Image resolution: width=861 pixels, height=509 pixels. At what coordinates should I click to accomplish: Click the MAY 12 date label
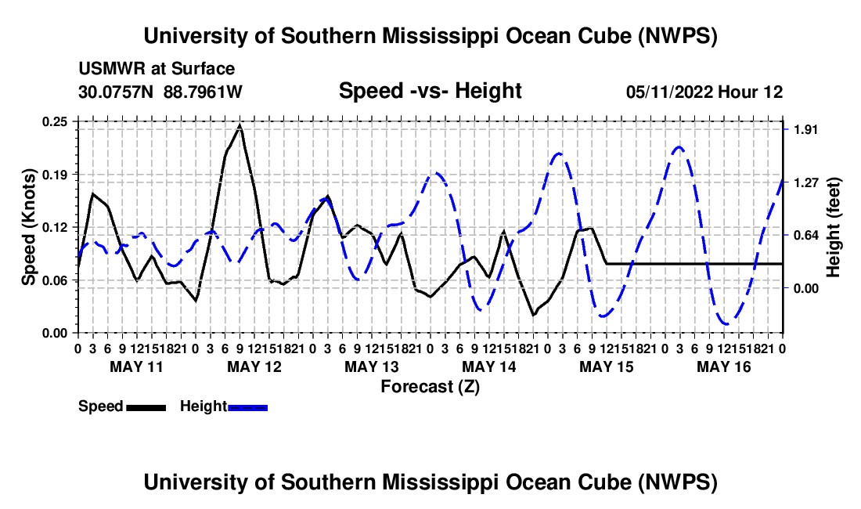click(x=254, y=366)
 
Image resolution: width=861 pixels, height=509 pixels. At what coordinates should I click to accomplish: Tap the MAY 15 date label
click(x=606, y=366)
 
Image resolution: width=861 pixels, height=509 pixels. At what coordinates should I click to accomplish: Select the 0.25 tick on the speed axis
click(x=55, y=122)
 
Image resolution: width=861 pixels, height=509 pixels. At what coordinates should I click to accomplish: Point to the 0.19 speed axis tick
click(x=55, y=175)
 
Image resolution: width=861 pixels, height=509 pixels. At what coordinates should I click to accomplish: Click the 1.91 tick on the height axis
click(x=805, y=129)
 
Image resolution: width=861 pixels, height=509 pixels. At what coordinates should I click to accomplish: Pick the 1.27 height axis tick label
click(x=805, y=182)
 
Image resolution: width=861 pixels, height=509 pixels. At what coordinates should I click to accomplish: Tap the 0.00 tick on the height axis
click(x=805, y=288)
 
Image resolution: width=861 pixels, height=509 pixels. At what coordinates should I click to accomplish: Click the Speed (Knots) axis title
click(x=28, y=227)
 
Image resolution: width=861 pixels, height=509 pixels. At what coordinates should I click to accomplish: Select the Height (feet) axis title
click(x=834, y=227)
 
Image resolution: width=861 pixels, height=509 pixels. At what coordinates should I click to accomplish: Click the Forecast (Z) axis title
click(x=430, y=387)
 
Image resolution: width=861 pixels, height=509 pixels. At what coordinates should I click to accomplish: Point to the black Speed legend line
click(x=146, y=408)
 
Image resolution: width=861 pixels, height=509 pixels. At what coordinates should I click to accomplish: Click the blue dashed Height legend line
click(x=247, y=408)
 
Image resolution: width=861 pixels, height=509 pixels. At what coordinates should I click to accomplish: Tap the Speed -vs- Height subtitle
click(x=430, y=91)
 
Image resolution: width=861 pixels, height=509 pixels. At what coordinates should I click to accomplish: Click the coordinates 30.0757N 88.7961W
click(x=160, y=92)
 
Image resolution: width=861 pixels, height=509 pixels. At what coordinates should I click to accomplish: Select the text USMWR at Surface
click(x=157, y=69)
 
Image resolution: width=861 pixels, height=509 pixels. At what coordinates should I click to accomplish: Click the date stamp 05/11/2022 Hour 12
click(x=704, y=92)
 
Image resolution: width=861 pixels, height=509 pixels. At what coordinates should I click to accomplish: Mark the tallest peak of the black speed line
click(x=240, y=126)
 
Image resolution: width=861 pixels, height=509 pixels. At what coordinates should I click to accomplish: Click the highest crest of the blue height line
click(x=679, y=146)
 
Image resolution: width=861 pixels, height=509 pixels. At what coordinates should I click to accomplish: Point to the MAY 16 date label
click(x=724, y=366)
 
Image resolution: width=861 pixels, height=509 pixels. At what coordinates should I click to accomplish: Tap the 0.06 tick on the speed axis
click(x=55, y=280)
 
